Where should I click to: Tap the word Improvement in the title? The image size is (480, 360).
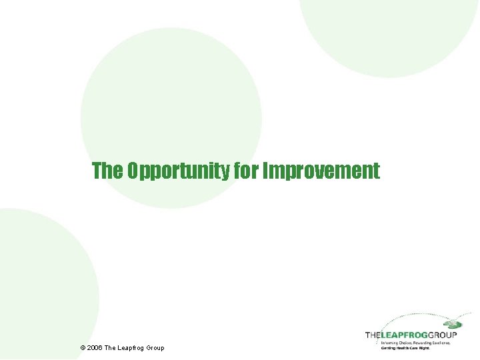pyautogui.click(x=321, y=171)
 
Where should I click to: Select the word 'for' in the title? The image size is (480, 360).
pyautogui.click(x=247, y=171)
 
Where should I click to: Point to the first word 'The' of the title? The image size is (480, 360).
pyautogui.click(x=107, y=171)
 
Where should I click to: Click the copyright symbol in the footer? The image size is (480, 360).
pyautogui.click(x=82, y=348)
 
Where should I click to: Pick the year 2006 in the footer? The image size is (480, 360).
pyautogui.click(x=95, y=348)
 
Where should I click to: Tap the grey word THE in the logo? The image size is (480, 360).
pyautogui.click(x=373, y=335)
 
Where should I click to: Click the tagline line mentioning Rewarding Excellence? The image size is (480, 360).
pyautogui.click(x=415, y=343)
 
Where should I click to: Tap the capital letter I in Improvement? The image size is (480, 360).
pyautogui.click(x=266, y=171)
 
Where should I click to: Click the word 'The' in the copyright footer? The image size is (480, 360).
pyautogui.click(x=111, y=348)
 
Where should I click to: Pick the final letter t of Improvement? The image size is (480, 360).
pyautogui.click(x=377, y=171)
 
